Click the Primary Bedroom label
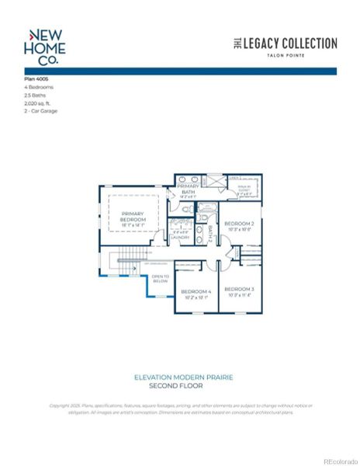coord(133,218)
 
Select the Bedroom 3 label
coord(238,289)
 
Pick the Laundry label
coord(180,237)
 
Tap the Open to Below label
coord(160,278)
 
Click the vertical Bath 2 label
coord(209,234)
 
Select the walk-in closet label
coord(244,190)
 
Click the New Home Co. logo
coord(47,47)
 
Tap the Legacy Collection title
coord(286,43)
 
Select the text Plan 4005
coord(37,80)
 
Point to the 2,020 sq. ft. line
coord(42,103)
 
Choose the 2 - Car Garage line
coord(40,110)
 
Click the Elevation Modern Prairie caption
coord(183,377)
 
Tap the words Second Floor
coord(183,385)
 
